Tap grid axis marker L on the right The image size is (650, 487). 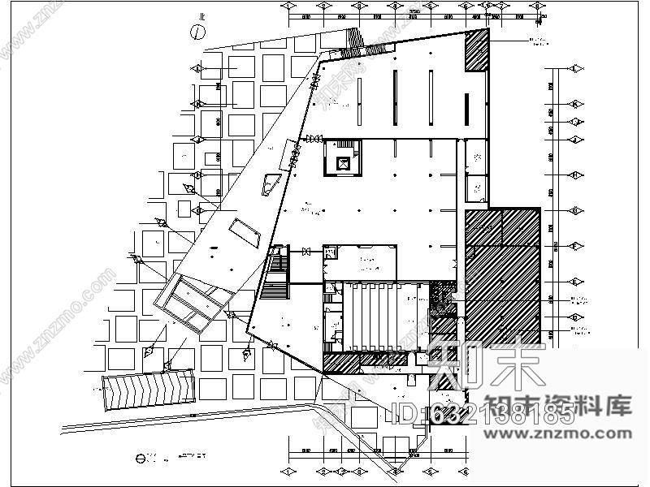(x=575, y=68)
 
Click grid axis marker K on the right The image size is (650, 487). (x=575, y=104)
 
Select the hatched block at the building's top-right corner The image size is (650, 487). (x=476, y=51)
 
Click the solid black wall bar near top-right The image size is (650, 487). (x=468, y=109)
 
